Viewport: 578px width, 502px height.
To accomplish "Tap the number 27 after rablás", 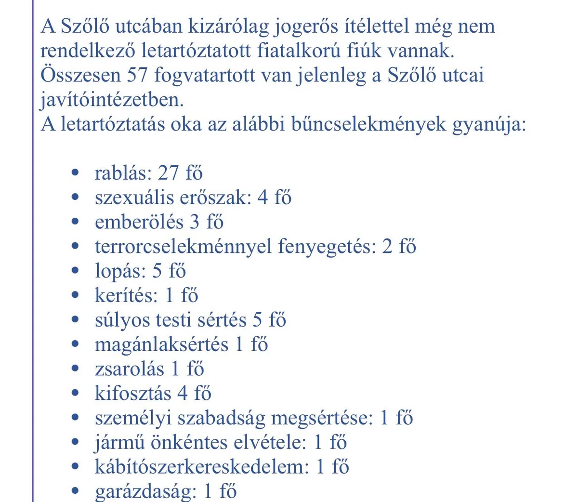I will [168, 173].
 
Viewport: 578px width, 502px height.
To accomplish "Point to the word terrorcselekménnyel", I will [183, 247].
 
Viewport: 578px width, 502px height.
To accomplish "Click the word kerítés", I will [126, 295].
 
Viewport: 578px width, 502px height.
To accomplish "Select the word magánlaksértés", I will [161, 345].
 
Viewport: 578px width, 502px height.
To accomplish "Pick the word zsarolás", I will [129, 369].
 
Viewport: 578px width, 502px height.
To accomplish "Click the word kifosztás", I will [132, 394].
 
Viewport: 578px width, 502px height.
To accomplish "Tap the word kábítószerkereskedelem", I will [201, 467].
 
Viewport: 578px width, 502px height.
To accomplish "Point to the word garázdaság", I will [146, 491].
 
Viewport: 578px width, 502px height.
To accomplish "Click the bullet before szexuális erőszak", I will [75, 198].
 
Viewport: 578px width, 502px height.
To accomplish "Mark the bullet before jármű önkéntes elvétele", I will [75, 442].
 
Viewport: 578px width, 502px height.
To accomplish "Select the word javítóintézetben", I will [112, 100].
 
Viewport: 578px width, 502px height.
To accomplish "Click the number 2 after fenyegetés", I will [387, 247].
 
